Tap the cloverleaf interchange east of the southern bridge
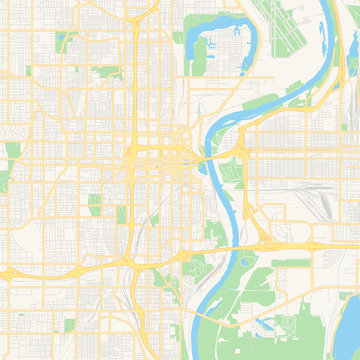[266, 244]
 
